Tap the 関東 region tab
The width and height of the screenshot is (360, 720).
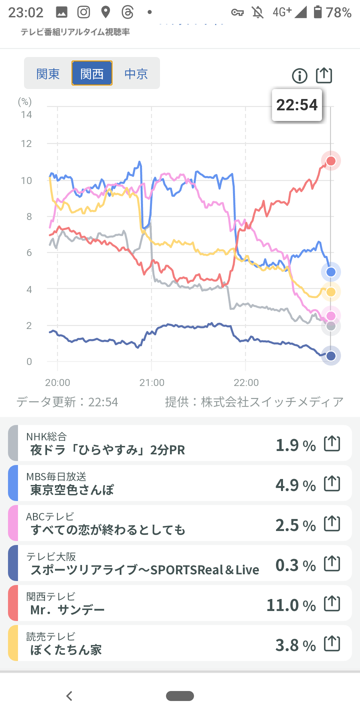pos(48,74)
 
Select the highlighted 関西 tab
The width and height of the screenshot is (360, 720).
pos(92,74)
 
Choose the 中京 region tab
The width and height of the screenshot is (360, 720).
pos(136,74)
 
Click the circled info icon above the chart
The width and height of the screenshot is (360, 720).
pos(299,76)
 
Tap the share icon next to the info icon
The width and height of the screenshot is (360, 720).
pos(324,75)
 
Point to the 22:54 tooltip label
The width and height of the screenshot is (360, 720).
pos(297,105)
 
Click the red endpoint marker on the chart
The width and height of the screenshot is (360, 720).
pos(331,161)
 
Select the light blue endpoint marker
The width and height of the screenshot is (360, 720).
pos(331,272)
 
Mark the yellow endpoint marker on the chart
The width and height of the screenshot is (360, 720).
pos(331,292)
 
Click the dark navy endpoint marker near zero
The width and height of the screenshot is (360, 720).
pos(331,356)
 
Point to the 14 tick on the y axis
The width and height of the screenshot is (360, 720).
pos(26,115)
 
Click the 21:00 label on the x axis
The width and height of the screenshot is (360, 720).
pos(152,382)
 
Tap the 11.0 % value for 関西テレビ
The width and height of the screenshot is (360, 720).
pos(291,605)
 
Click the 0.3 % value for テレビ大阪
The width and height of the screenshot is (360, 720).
pos(295,565)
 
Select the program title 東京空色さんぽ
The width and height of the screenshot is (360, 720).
pos(72,490)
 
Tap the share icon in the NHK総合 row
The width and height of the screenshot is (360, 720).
pos(332,444)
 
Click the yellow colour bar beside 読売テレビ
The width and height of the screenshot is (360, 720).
pos(13,643)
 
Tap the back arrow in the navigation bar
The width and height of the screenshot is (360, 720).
pos(69,696)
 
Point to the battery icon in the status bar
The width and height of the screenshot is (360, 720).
pos(318,12)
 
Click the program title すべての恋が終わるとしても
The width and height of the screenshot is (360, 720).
pos(108,530)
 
